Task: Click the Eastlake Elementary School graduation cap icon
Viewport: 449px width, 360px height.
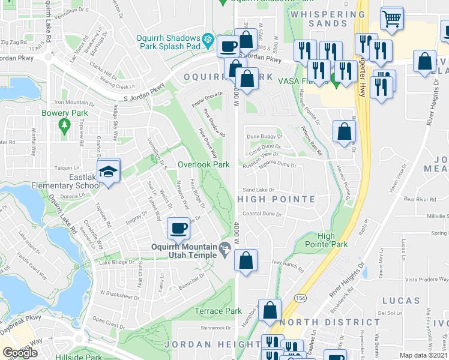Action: [109, 172]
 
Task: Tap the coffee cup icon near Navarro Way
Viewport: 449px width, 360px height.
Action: [179, 228]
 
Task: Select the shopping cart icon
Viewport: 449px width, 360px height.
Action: [391, 19]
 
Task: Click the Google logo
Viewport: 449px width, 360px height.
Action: [20, 353]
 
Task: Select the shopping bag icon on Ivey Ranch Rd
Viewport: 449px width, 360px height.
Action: [246, 260]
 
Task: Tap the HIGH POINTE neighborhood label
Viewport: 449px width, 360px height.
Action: [276, 199]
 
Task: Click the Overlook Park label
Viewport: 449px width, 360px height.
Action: [203, 164]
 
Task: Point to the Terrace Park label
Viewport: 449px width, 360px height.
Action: [218, 311]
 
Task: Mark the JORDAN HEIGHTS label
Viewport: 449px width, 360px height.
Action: [204, 344]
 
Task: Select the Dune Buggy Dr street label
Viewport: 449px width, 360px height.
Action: [264, 136]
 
